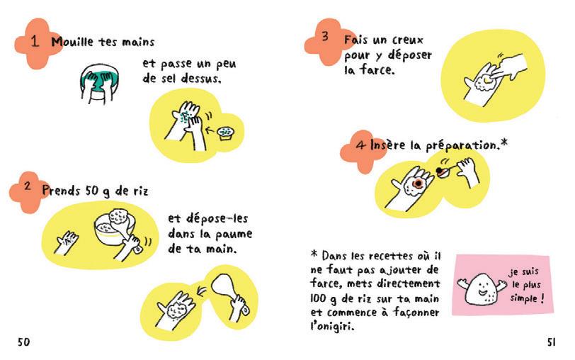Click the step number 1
[35, 41]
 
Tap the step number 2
[28, 186]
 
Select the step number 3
[325, 36]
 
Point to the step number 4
[361, 145]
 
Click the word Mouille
[73, 42]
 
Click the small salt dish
[225, 133]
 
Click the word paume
[234, 234]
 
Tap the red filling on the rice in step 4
[418, 183]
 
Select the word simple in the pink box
[523, 298]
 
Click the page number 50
[23, 342]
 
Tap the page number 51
[551, 342]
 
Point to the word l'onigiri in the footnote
[332, 326]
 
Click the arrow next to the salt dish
[210, 130]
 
